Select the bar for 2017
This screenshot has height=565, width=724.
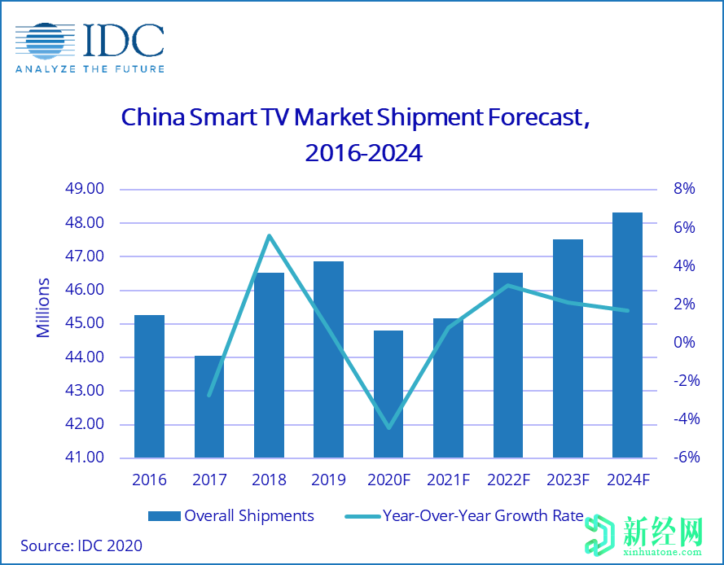(x=209, y=406)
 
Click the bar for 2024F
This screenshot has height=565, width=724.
(x=627, y=335)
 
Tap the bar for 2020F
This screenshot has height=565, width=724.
(x=388, y=394)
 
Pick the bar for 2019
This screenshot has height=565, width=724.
(x=329, y=359)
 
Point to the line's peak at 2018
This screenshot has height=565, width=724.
(x=270, y=236)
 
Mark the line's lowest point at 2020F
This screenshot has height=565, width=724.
(x=388, y=427)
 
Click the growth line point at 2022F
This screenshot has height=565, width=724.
(x=507, y=285)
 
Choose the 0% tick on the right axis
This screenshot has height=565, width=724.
(x=684, y=343)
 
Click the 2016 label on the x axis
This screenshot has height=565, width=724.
(x=150, y=480)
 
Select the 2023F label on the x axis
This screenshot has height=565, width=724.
(x=567, y=480)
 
